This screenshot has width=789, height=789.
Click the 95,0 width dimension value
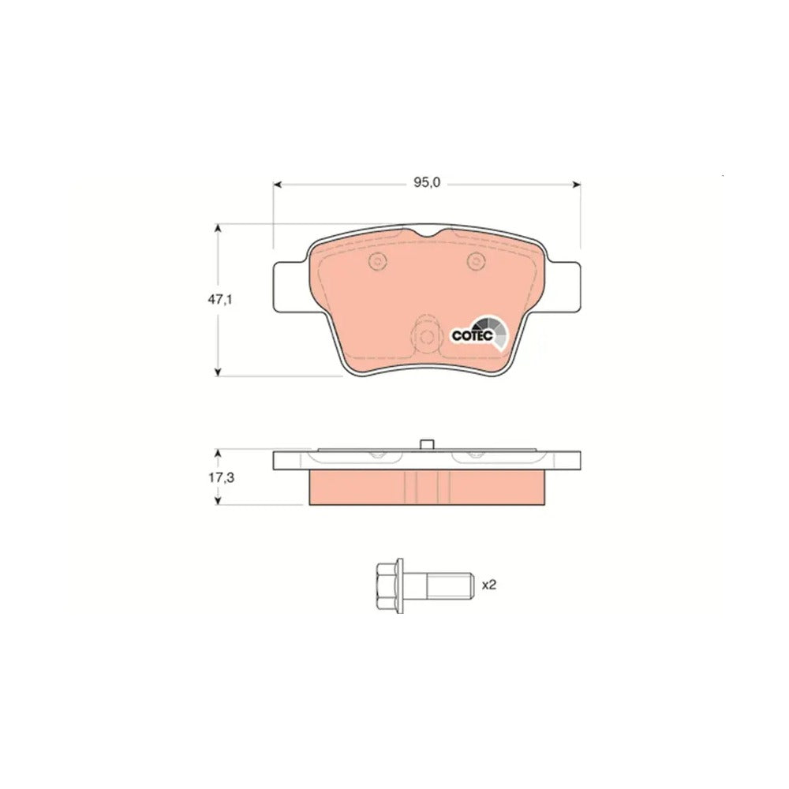point(427,183)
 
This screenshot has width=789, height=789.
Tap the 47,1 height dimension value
point(220,300)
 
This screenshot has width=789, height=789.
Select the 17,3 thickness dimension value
point(222,477)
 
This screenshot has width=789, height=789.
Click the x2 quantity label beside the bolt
point(489,585)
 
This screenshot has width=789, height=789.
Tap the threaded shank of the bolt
point(450,585)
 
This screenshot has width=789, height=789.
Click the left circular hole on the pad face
point(377,260)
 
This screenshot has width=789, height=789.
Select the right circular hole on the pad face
point(476,260)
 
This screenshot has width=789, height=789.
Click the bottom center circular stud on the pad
point(426,337)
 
